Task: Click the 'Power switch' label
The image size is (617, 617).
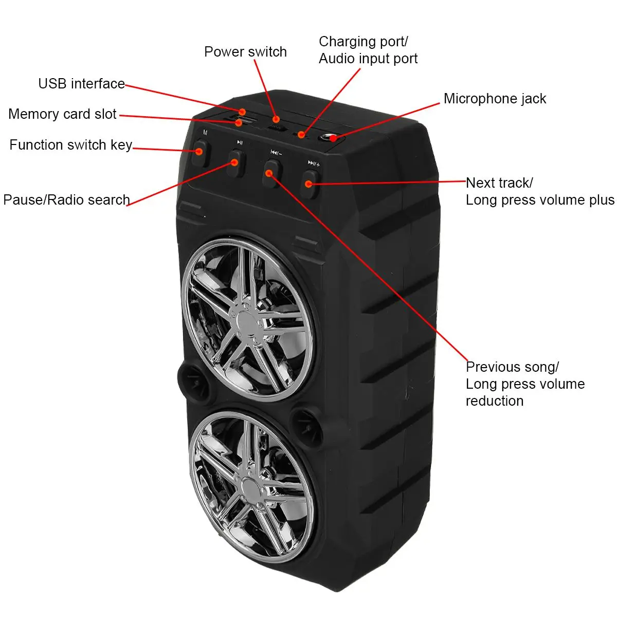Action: point(245,52)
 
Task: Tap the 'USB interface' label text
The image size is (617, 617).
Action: point(81,84)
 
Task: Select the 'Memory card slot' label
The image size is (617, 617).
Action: point(62,114)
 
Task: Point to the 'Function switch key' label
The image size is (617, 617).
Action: point(71,145)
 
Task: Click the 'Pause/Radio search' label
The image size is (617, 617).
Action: point(66,199)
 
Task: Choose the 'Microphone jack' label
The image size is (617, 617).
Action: point(495,99)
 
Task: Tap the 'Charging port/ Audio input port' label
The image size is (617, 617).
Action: point(368,50)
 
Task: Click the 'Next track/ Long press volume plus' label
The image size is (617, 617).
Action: point(539,191)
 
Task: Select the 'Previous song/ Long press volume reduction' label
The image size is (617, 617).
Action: point(524,384)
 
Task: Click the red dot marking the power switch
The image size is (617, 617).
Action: point(276,119)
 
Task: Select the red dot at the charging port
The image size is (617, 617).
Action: point(301,135)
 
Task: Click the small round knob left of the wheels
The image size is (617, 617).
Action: point(188,379)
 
